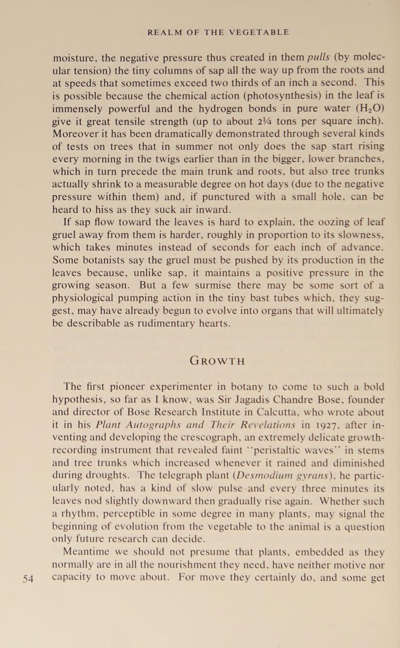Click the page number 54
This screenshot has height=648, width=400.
[x=28, y=579]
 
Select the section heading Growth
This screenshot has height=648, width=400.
[x=217, y=361]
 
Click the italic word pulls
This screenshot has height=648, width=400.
[x=318, y=58]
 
